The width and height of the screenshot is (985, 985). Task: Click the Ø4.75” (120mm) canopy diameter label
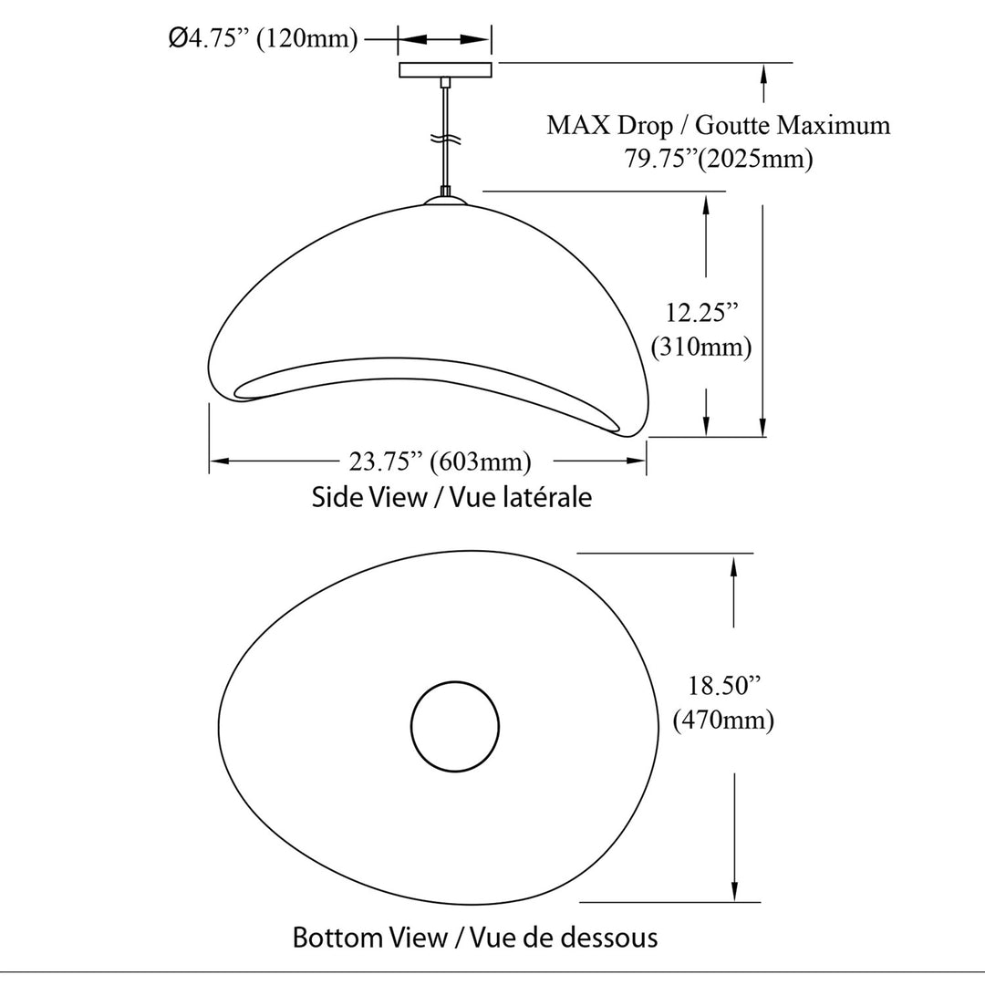tap(264, 38)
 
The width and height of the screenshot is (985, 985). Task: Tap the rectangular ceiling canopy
tap(445, 69)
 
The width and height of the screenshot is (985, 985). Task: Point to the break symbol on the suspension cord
tap(445, 139)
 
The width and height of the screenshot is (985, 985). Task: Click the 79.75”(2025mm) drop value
tap(718, 159)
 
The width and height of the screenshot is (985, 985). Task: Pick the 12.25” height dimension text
tap(701, 312)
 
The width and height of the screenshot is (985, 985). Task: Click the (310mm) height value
tap(701, 347)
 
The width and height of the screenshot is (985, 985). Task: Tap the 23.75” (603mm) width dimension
tap(441, 461)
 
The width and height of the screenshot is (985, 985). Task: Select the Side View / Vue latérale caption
tap(451, 497)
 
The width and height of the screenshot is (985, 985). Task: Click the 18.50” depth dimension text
tap(724, 685)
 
